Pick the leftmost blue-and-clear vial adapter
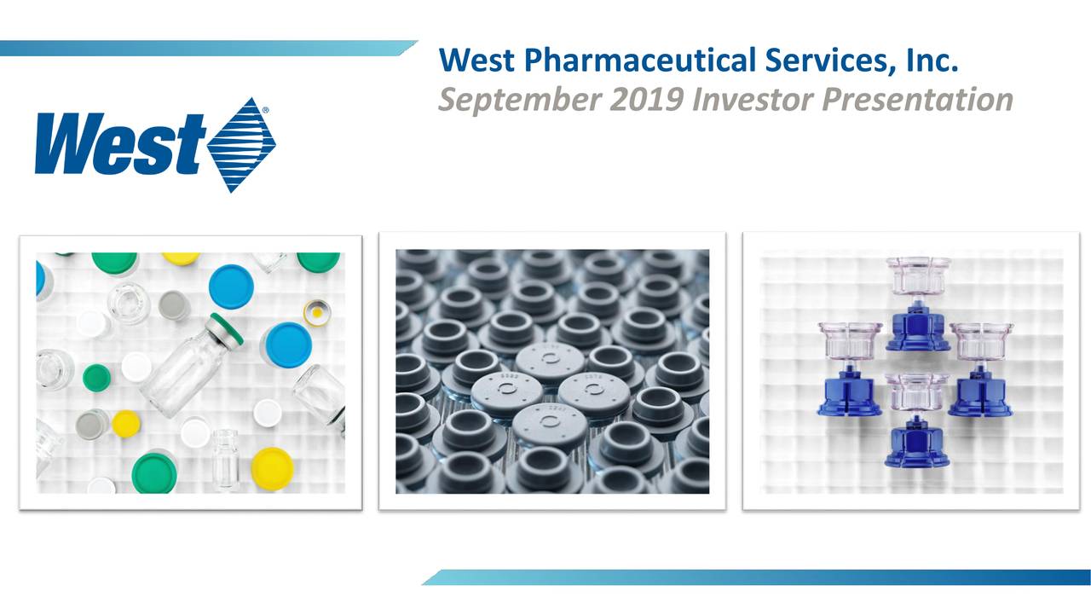[x=849, y=368]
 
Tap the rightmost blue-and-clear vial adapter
[x=981, y=368]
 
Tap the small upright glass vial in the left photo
[x=226, y=459]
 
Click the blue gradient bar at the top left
[x=205, y=49]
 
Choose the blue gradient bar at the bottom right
[x=759, y=577]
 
